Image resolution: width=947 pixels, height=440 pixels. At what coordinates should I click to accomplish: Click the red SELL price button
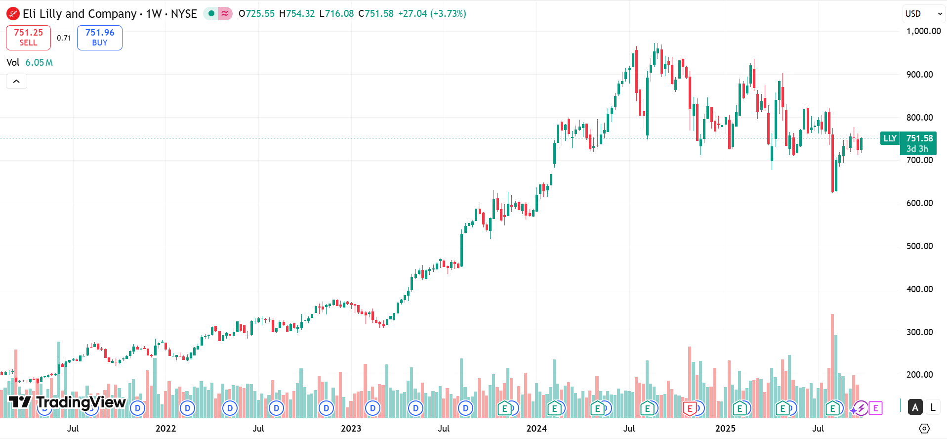[28, 38]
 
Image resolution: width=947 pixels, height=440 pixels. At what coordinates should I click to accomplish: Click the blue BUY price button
[99, 38]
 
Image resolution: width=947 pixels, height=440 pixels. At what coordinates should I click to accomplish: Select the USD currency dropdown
[923, 14]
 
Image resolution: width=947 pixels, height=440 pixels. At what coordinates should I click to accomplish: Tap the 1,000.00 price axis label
[923, 31]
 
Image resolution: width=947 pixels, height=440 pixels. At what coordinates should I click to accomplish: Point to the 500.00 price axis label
[919, 246]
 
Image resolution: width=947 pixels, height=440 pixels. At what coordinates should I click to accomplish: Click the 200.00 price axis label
[919, 375]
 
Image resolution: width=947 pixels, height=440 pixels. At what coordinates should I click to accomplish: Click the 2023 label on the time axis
[351, 429]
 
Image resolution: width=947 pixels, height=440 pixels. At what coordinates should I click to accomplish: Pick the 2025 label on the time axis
[725, 429]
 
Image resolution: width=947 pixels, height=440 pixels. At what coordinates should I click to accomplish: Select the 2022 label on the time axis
[165, 429]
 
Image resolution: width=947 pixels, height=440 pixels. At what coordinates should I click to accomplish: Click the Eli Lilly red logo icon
[13, 14]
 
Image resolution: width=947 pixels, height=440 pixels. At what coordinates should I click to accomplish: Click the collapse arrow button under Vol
[16, 81]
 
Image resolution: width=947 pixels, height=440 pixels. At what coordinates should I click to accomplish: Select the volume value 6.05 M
[39, 63]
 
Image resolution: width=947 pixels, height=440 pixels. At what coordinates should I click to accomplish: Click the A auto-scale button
[915, 407]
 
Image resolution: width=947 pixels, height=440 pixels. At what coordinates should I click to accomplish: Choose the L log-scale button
[933, 407]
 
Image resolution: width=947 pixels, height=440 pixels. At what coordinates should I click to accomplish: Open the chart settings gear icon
[924, 429]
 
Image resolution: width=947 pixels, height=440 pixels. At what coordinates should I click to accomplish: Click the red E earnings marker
[690, 408]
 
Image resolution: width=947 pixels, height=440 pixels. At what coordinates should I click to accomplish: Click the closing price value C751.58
[376, 14]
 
